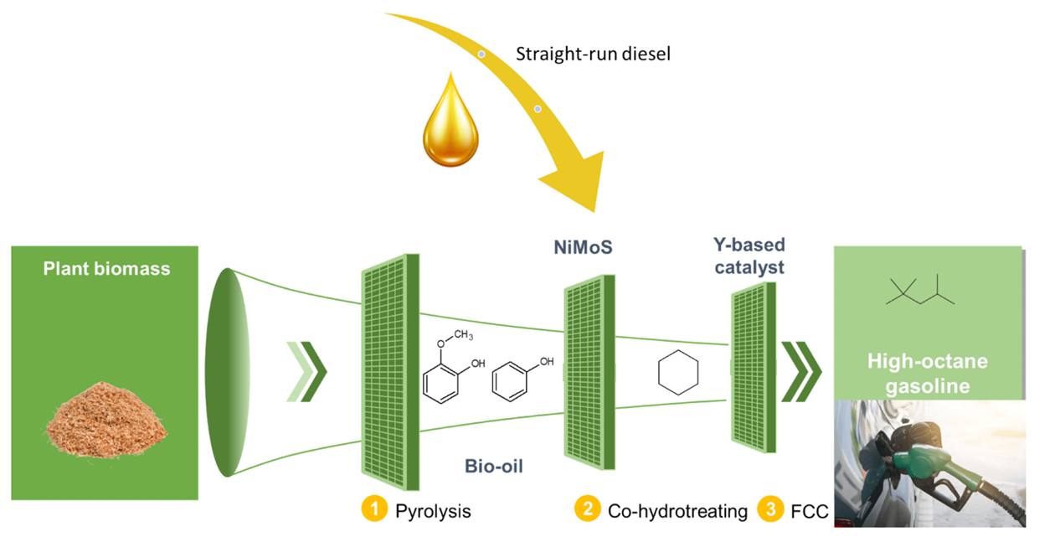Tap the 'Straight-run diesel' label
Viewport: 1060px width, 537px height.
tap(593, 54)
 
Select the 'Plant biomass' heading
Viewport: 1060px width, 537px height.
tap(106, 268)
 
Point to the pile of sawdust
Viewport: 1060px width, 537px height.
tap(107, 420)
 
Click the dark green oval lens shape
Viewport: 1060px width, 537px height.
tap(228, 372)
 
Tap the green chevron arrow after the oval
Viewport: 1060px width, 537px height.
tap(306, 372)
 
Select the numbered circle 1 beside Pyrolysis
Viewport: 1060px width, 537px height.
tap(374, 509)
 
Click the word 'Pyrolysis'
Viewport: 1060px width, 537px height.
tap(433, 511)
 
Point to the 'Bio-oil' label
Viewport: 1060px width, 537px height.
tap(493, 467)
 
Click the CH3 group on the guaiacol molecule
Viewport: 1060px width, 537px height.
tap(463, 335)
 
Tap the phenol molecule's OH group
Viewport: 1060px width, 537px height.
tap(547, 362)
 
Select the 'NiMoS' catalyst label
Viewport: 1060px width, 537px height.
tap(583, 247)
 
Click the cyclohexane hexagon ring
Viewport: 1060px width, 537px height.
tap(678, 372)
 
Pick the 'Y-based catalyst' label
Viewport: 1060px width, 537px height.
tap(749, 256)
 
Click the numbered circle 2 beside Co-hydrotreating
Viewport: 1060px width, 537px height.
tap(588, 509)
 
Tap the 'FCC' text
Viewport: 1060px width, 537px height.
tap(810, 511)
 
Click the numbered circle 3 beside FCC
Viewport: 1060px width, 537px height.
tap(770, 509)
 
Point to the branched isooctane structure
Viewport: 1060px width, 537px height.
tap(920, 290)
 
